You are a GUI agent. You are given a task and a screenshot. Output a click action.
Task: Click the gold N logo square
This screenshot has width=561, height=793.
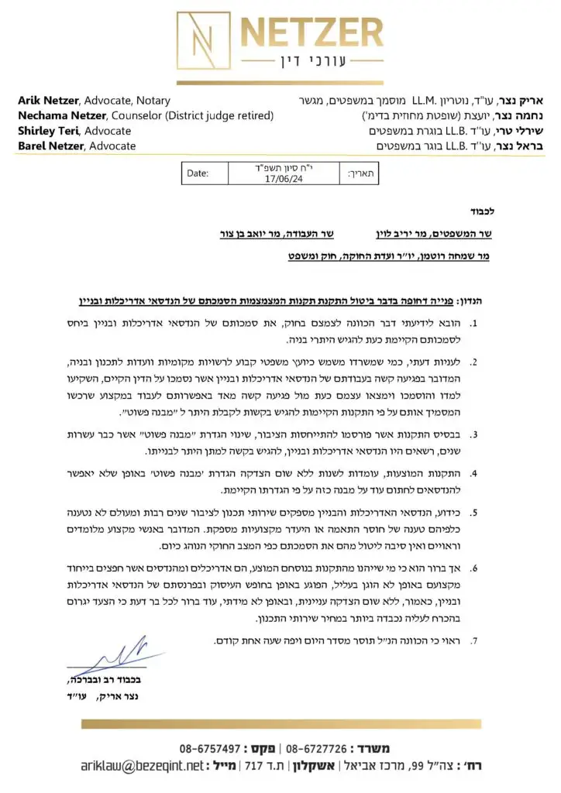[199, 39]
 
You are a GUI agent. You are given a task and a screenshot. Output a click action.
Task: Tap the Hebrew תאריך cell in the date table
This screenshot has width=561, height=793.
[362, 173]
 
